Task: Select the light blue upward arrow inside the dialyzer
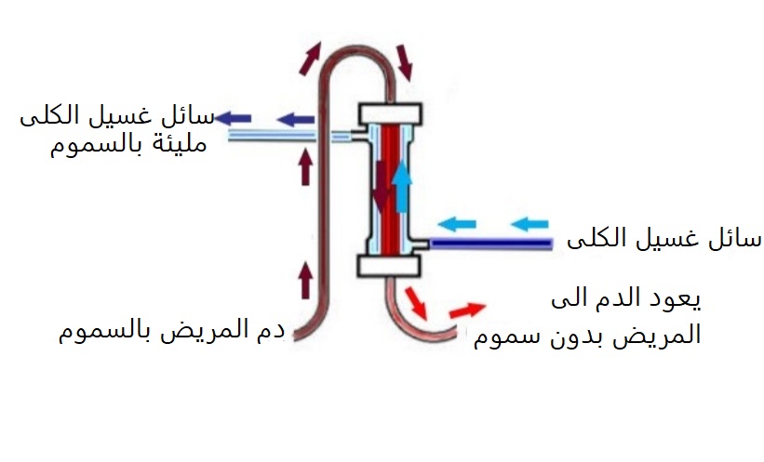pos(401,186)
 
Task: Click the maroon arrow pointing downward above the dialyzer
pos(405,61)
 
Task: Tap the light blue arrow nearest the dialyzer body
pos(457,223)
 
